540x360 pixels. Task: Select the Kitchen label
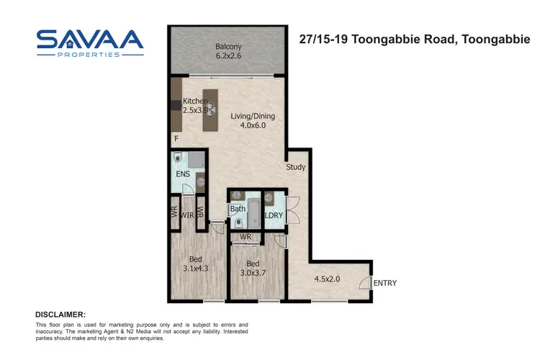coord(195,101)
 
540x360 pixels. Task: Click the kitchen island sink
coord(210,109)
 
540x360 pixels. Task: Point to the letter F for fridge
coord(175,138)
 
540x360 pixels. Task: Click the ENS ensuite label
coord(182,174)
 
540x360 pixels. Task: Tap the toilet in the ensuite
coord(178,159)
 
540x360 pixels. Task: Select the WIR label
coord(186,214)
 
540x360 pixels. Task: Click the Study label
coord(295,167)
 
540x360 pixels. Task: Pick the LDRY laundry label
coord(273,215)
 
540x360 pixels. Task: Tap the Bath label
coord(238,210)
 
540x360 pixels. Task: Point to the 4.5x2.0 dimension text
coord(328,279)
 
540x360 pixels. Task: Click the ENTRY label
coord(384,284)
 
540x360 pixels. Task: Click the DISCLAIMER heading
coord(60,315)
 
